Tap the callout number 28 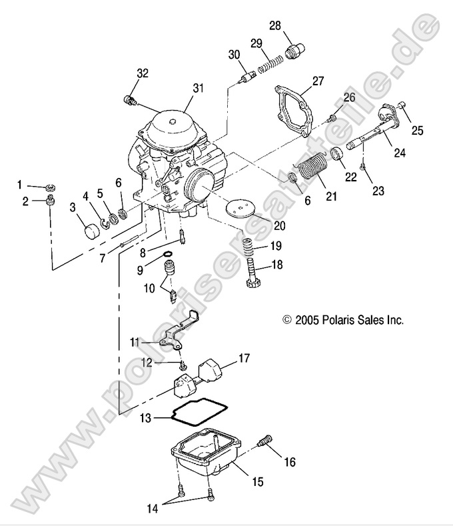click(274, 26)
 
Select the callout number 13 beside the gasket click(146, 418)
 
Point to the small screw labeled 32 click(129, 101)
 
